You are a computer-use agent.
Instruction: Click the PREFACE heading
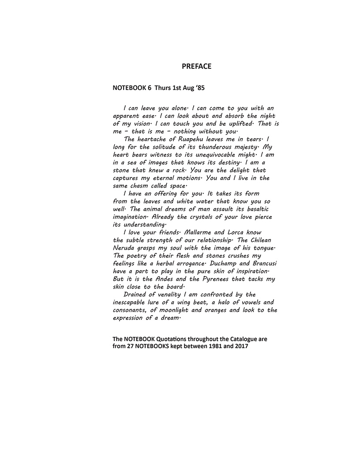(x=196, y=67)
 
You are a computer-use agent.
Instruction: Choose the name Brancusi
(x=259, y=263)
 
